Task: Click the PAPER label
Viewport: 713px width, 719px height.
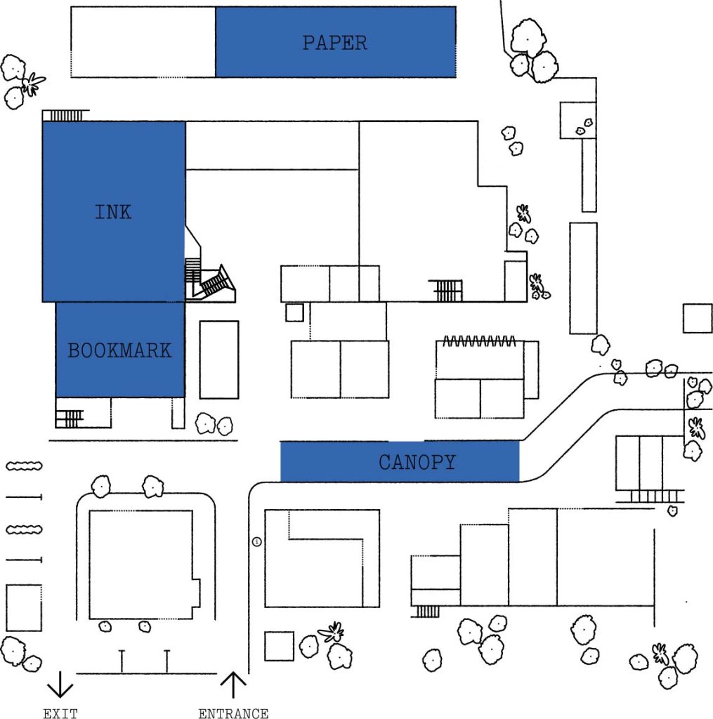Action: point(334,43)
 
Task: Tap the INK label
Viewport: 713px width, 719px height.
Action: point(113,212)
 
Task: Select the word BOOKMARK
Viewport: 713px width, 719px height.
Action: point(119,350)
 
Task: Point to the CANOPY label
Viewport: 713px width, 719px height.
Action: point(417,462)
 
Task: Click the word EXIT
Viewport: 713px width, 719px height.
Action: point(60,713)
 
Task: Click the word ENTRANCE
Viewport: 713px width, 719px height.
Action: point(233,713)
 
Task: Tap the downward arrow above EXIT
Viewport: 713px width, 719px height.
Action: point(60,685)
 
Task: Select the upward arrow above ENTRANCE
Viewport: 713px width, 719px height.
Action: point(233,685)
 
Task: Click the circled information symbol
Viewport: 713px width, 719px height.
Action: point(257,542)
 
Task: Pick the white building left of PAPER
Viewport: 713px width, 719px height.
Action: point(143,42)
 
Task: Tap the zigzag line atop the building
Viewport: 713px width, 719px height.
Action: point(479,341)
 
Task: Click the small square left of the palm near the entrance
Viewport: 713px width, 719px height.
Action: point(279,646)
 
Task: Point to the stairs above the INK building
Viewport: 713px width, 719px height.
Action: point(66,115)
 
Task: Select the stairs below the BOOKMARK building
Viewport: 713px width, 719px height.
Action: point(70,418)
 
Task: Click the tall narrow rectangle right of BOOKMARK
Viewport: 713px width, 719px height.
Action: point(219,359)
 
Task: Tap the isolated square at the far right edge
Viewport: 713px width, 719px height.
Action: point(698,318)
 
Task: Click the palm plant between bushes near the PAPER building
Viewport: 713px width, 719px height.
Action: point(32,84)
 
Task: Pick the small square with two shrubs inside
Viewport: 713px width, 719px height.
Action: point(578,120)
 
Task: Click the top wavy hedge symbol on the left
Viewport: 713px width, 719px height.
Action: point(24,466)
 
